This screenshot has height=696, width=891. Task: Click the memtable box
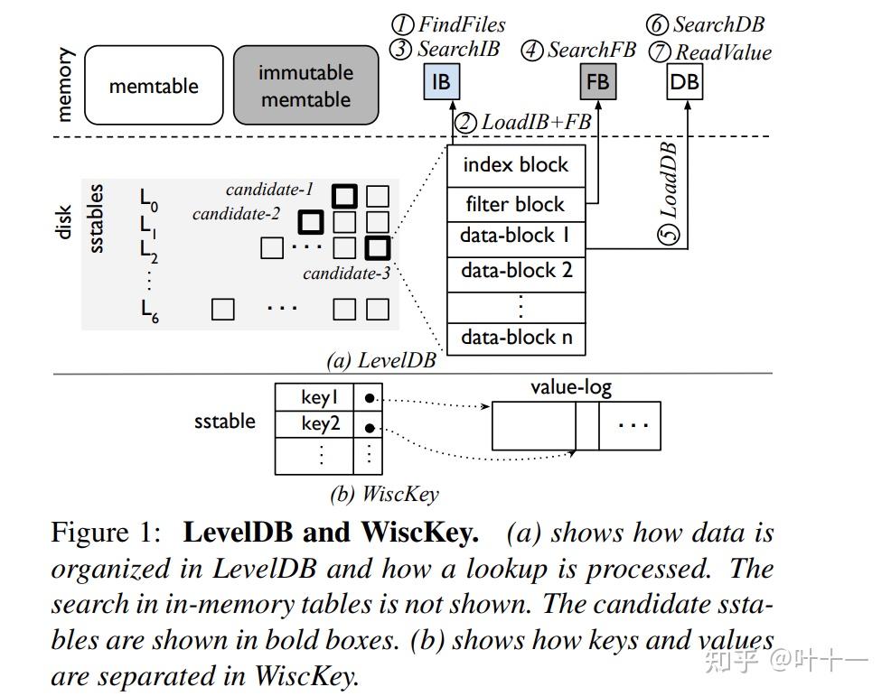click(x=154, y=86)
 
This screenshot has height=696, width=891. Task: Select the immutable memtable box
click(x=305, y=86)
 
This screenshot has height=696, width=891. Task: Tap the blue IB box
click(x=440, y=83)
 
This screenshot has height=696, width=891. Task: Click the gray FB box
click(x=597, y=83)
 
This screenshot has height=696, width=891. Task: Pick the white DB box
click(x=684, y=83)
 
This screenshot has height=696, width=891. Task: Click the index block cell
click(x=516, y=165)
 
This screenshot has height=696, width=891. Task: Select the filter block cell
click(x=516, y=204)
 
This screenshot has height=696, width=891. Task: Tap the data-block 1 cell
click(x=516, y=237)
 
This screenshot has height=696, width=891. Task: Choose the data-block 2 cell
click(x=516, y=271)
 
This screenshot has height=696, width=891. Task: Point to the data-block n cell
click(x=516, y=338)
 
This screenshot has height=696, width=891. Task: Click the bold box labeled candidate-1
click(x=344, y=196)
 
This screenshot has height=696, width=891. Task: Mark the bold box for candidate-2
click(x=311, y=221)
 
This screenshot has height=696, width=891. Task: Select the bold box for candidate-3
click(x=377, y=246)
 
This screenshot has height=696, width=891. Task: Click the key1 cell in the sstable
click(x=320, y=397)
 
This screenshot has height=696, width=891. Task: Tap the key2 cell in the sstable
click(x=320, y=423)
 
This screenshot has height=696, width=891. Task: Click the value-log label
click(x=570, y=387)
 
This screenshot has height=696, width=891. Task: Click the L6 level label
click(x=149, y=311)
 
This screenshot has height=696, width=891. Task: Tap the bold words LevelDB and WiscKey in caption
click(x=331, y=533)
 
